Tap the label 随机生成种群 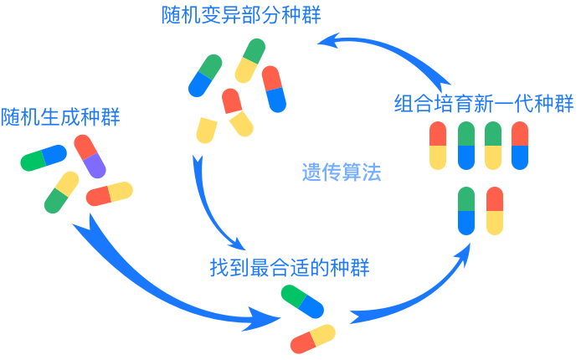[60, 117]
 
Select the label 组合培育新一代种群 [483, 105]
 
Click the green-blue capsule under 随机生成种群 [44, 157]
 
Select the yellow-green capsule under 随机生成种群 [61, 193]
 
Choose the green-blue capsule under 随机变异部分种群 [205, 75]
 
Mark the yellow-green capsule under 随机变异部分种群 [249, 60]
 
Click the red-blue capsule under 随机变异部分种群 [274, 89]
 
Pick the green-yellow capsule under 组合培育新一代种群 [493, 146]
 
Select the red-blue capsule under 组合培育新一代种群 [520, 146]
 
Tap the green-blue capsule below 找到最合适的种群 [302, 301]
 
